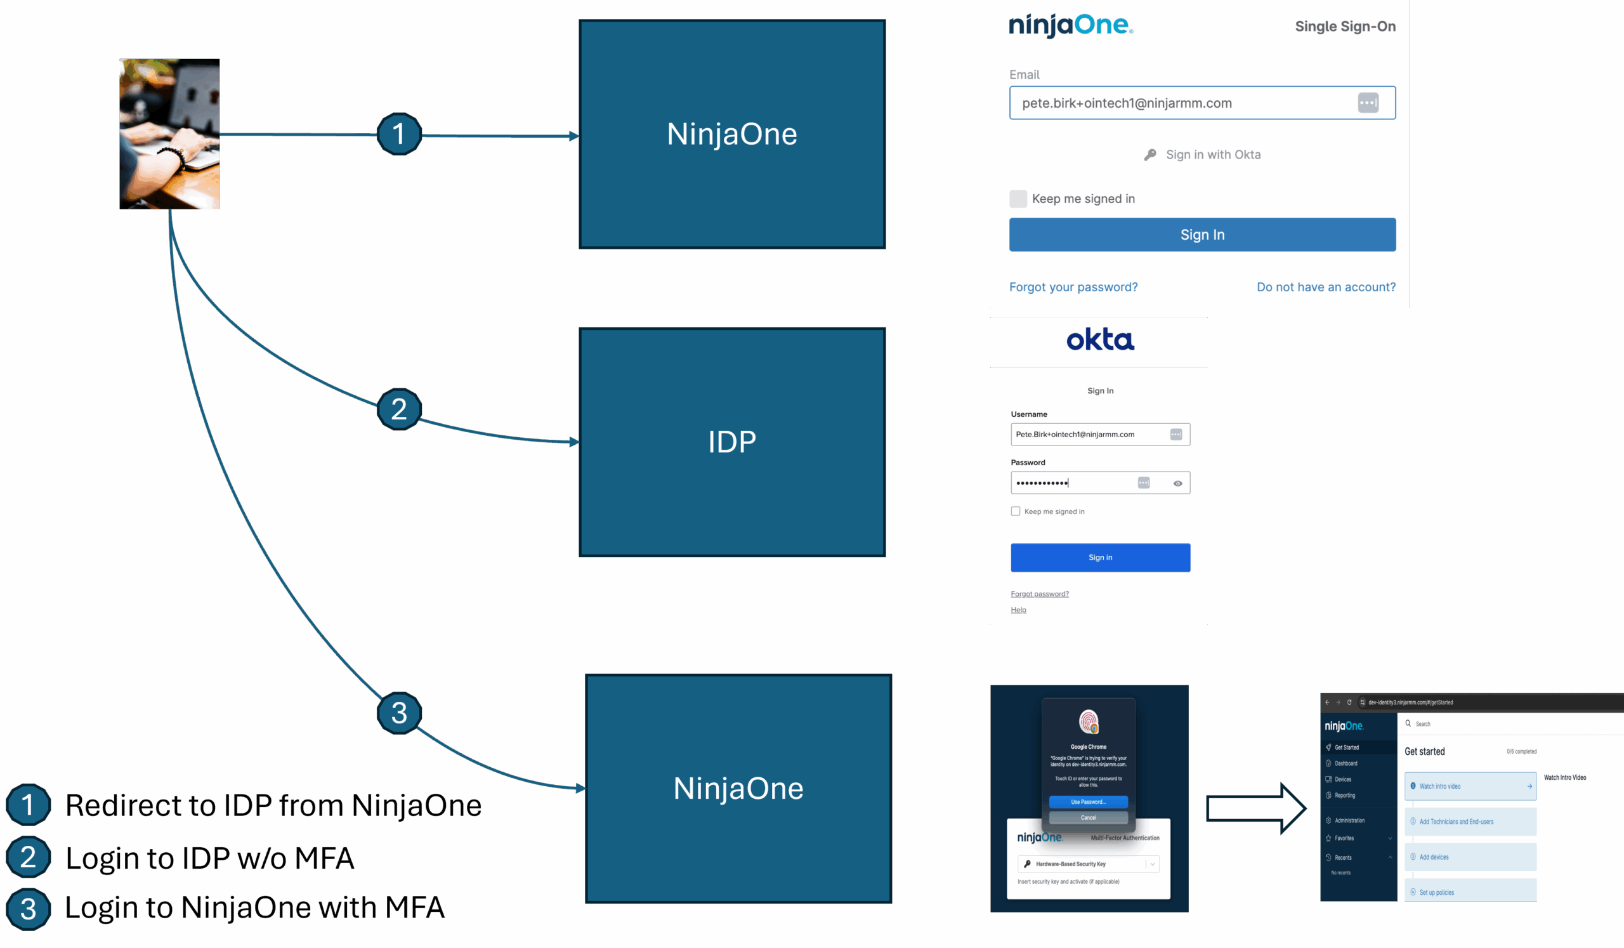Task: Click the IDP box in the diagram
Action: (x=731, y=442)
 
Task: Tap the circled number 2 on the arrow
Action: (x=399, y=409)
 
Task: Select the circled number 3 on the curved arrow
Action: (x=399, y=713)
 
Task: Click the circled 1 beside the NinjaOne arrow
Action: (x=399, y=134)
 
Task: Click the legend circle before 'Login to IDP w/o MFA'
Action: (x=29, y=857)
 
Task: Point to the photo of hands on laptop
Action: (x=169, y=134)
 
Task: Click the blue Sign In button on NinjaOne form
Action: (x=1202, y=235)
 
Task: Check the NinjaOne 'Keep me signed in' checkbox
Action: (x=1018, y=199)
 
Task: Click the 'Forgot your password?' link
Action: (x=1073, y=287)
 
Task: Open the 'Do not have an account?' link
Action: (x=1326, y=287)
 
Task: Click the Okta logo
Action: (x=1100, y=339)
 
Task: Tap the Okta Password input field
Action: (x=1073, y=483)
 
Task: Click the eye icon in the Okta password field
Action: (x=1177, y=484)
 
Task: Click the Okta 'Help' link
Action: (x=1018, y=610)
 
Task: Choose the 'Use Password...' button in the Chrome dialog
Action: (x=1088, y=801)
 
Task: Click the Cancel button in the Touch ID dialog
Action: (x=1088, y=817)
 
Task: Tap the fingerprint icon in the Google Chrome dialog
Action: (x=1089, y=722)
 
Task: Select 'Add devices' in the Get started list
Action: (x=1434, y=857)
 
